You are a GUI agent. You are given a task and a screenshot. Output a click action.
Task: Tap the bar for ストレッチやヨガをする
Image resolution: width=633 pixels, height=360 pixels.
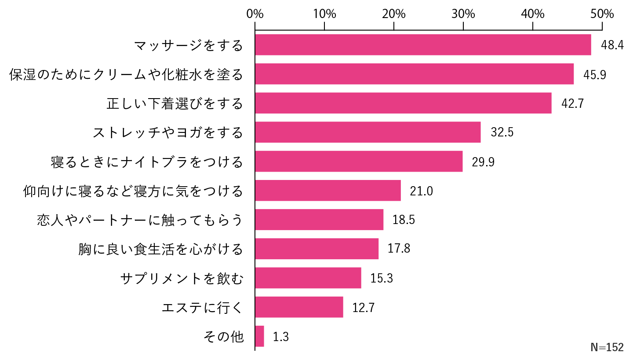pos(367,132)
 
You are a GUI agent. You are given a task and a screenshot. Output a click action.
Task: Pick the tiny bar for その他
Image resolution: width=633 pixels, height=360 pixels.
pos(260,336)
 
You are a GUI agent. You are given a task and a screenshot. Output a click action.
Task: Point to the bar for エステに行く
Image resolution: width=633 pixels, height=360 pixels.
pos(299,307)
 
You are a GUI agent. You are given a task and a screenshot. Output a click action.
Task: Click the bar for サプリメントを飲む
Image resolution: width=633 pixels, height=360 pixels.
pos(308,278)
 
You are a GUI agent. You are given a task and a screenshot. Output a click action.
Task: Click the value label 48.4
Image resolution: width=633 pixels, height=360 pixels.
pos(612,45)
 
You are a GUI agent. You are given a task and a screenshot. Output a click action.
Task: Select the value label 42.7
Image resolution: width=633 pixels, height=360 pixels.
pos(573,103)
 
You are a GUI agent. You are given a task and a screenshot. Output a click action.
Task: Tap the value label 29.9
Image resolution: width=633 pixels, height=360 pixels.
pos(483,162)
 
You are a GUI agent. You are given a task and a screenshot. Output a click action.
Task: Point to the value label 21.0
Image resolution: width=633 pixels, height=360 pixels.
pos(422,191)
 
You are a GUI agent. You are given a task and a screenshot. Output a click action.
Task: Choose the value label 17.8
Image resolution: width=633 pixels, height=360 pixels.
pos(399,249)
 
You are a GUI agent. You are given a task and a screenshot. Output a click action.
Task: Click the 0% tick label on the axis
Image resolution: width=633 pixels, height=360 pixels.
pos(255,14)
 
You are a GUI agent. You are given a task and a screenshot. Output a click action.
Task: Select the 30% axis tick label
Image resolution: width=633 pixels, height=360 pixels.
pos(463,14)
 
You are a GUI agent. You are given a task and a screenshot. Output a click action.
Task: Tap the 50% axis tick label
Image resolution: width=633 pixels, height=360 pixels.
pos(602,14)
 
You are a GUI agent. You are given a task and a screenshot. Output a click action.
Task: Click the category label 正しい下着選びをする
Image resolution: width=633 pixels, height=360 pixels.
pos(175,104)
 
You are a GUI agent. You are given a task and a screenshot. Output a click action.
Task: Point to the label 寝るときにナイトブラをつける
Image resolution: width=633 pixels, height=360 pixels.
pos(147,162)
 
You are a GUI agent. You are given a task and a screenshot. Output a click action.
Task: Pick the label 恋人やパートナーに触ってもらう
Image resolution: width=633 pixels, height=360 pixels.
pos(140,220)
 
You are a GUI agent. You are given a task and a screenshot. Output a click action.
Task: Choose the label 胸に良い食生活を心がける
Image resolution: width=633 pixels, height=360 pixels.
pos(160,250)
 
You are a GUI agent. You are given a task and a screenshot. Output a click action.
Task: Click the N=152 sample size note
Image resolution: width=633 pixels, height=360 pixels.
pos(607,347)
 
